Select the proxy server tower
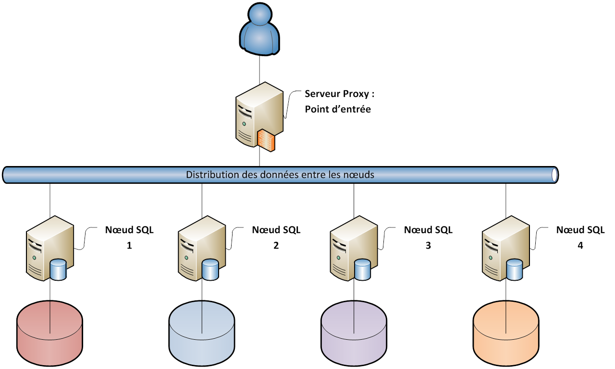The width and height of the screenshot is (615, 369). tap(255, 113)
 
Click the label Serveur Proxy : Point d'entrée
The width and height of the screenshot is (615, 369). tap(339, 101)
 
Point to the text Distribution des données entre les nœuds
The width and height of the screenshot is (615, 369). tap(280, 175)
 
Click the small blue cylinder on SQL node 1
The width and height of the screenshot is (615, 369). tap(58, 270)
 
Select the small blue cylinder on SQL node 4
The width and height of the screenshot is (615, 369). tap(514, 270)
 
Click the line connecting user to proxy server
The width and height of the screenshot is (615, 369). tap(259, 67)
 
